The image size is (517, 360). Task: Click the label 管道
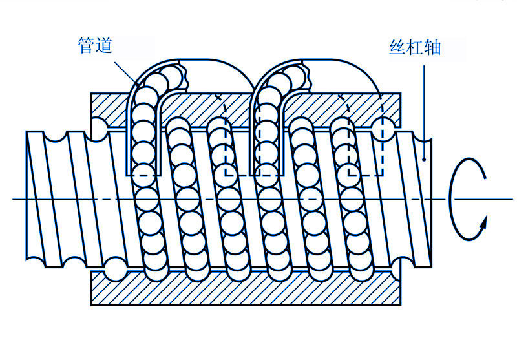point(95,46)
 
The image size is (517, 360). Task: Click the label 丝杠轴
point(415,47)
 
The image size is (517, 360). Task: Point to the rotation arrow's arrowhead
point(481,223)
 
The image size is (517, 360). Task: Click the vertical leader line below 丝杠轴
point(424,103)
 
